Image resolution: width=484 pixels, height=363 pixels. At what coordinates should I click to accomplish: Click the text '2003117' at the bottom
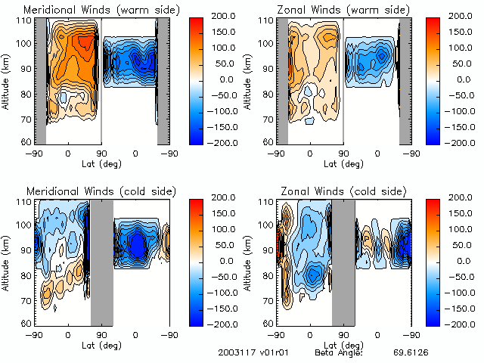[234, 353]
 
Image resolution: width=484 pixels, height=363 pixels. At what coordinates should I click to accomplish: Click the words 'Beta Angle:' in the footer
[339, 353]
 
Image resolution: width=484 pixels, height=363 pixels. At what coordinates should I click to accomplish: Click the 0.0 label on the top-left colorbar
[219, 79]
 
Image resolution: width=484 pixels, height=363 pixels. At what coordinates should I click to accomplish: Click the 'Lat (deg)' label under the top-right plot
[344, 164]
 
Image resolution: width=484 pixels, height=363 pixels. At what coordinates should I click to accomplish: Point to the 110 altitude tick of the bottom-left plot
[23, 202]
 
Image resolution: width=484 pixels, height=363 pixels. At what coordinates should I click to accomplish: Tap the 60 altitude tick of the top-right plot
[266, 141]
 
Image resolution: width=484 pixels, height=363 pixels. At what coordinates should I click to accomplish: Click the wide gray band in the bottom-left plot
[102, 261]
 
